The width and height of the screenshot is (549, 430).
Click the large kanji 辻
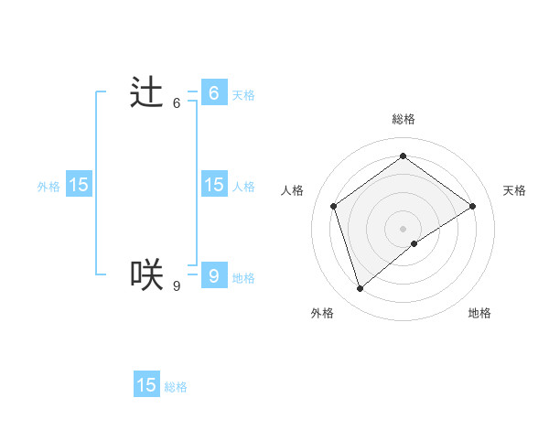(146, 92)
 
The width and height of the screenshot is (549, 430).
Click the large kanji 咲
(146, 274)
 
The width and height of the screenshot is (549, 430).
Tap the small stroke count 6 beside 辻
(177, 103)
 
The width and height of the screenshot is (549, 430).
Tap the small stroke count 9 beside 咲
(177, 286)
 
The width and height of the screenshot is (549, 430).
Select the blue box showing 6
(213, 93)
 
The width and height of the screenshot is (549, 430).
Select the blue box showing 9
(213, 275)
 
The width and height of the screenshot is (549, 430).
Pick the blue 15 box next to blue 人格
(213, 185)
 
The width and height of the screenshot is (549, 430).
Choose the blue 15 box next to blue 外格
(79, 185)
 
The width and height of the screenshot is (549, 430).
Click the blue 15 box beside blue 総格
(146, 385)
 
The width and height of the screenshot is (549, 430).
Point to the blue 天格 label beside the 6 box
(243, 95)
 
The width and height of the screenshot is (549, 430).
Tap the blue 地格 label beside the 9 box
(243, 278)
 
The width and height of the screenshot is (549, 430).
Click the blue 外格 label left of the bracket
(48, 187)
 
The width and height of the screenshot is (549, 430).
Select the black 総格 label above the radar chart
(403, 119)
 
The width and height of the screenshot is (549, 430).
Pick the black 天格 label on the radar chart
(514, 190)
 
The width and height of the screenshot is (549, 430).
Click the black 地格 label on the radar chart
(479, 313)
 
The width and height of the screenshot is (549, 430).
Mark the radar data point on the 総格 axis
(403, 156)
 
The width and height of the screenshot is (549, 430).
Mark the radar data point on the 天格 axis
(473, 206)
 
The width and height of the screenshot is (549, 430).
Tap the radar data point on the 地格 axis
(414, 243)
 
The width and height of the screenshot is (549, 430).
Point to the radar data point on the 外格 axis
(360, 289)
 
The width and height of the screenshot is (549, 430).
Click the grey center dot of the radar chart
(403, 228)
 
